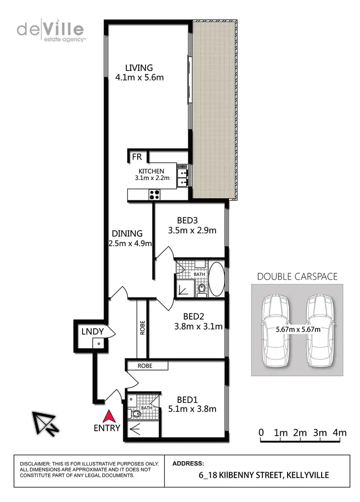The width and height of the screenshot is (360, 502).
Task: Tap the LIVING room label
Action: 139,68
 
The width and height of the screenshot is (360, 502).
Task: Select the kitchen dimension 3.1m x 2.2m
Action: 152,178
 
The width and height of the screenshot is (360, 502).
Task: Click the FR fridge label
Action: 137,157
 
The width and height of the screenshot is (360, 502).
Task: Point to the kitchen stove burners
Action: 155,194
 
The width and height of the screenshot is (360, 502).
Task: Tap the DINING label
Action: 127,233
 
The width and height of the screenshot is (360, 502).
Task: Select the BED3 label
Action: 188,220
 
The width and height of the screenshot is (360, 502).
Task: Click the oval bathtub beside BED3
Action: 216,279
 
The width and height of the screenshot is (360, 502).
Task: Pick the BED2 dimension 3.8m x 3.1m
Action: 198,327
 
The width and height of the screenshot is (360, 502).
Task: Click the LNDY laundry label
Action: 92,332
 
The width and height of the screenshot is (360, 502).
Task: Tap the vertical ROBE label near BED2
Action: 142,327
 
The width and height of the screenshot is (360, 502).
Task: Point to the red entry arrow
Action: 109,415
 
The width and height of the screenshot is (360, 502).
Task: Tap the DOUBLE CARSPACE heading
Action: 297,276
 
